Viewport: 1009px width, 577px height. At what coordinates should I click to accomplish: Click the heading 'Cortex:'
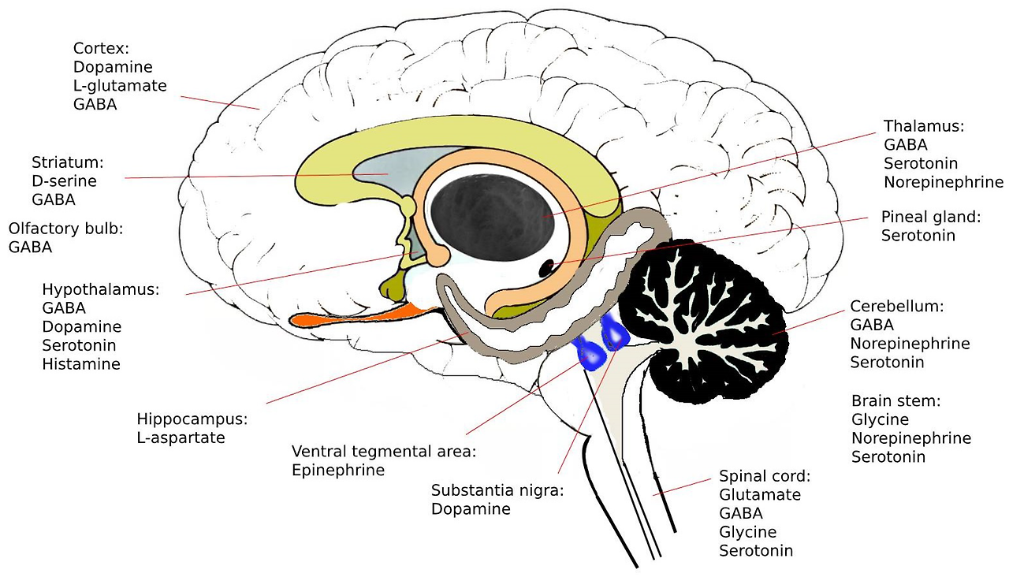coord(101,49)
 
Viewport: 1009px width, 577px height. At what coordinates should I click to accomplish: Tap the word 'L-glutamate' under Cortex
coord(120,85)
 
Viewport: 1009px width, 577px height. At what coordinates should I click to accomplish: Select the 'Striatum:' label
coord(68,162)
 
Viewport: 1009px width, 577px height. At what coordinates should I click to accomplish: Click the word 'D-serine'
coord(64,181)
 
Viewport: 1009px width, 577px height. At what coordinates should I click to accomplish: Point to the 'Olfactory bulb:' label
coord(66,229)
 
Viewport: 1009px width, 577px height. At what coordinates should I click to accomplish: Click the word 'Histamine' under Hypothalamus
coord(81,364)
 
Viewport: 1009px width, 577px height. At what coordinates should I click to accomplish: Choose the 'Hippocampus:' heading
coord(192,419)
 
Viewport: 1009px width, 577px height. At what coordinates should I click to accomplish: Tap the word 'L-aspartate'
coord(181,437)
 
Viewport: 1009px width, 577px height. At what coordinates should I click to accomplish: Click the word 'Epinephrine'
coord(338,471)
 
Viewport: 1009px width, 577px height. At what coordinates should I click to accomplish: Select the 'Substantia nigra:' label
coord(498,490)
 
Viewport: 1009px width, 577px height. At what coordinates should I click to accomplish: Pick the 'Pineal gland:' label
coord(930,216)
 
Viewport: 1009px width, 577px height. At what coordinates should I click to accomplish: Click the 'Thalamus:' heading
coord(924,126)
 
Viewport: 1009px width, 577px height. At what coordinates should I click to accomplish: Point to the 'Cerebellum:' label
coord(896,306)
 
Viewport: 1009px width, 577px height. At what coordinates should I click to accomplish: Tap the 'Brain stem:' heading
coord(896,400)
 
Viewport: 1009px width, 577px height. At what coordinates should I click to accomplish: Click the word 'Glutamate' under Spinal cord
coord(760,495)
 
